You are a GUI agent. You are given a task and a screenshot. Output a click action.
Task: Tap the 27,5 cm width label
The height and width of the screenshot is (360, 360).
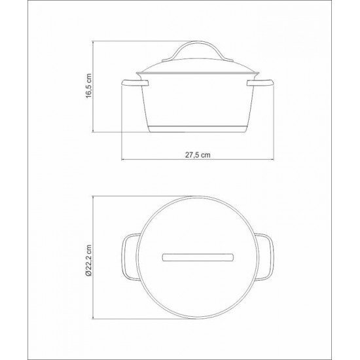[197, 154]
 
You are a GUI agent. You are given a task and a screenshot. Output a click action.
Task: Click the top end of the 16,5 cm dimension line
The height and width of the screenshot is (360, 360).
[94, 42]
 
